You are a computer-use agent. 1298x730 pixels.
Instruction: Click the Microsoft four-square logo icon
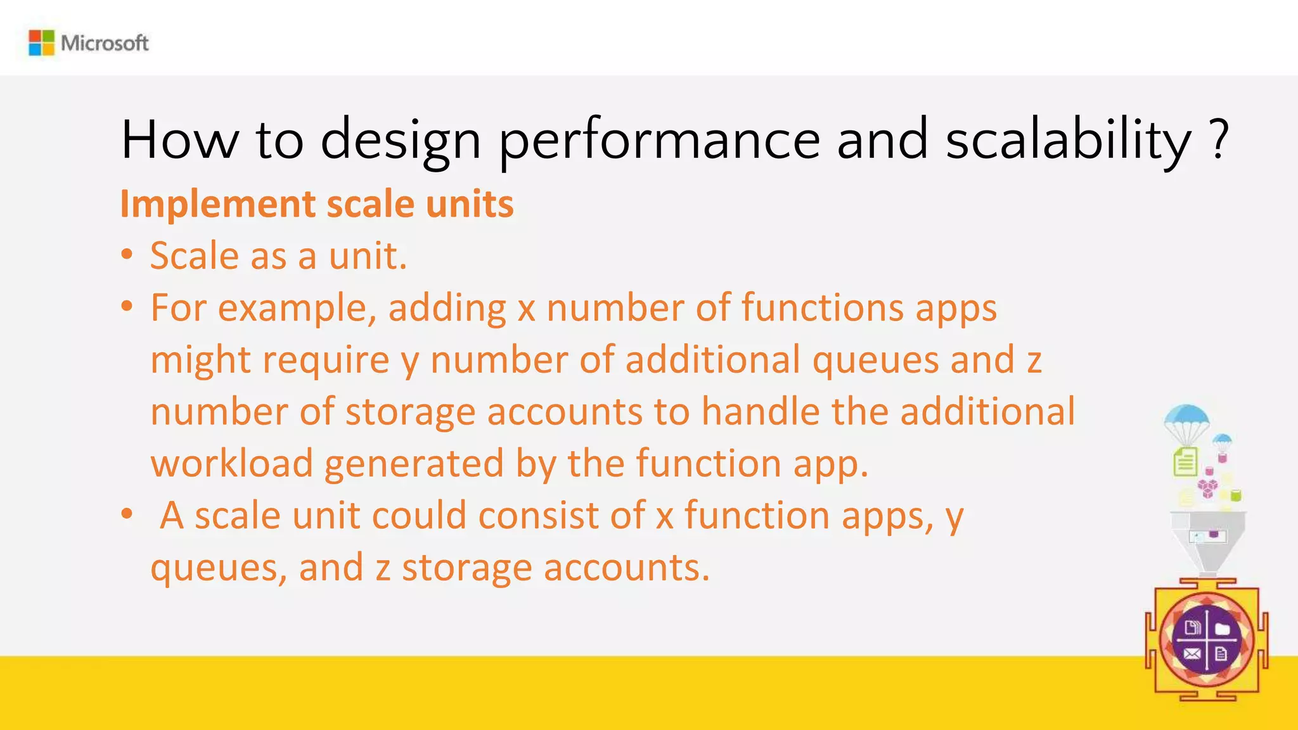(x=42, y=43)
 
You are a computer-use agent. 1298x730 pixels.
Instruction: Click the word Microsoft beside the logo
(x=105, y=43)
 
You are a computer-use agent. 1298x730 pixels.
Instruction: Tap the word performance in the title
(x=659, y=141)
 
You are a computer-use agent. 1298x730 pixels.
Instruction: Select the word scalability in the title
(x=1069, y=141)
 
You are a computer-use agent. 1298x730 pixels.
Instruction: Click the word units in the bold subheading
(x=469, y=205)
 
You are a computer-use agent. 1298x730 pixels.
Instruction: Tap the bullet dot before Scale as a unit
(x=127, y=255)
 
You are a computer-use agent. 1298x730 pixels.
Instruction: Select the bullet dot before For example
(x=127, y=307)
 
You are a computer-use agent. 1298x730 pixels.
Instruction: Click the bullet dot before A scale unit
(x=127, y=515)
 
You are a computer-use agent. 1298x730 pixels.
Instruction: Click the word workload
(x=232, y=463)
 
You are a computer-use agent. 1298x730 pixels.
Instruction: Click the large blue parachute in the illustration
(x=1186, y=419)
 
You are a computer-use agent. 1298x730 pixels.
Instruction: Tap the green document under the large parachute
(x=1185, y=461)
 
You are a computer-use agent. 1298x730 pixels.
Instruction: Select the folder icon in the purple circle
(x=1223, y=629)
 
